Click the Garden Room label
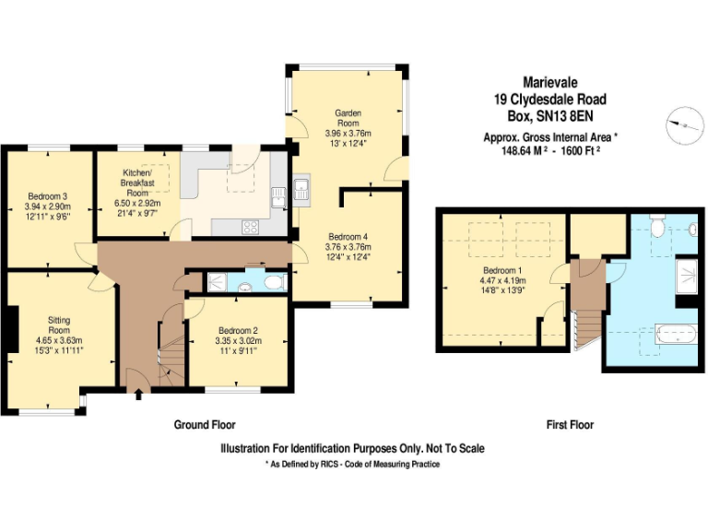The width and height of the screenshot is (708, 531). [x=347, y=117]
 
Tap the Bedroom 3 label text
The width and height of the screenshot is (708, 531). [x=47, y=195]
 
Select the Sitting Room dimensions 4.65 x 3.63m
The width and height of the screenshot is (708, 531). [x=59, y=340]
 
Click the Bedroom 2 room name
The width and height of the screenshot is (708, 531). [x=237, y=331]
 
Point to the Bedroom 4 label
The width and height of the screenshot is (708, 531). [x=347, y=236]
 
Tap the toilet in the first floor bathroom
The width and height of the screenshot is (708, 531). [x=656, y=224]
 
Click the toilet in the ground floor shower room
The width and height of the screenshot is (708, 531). [x=274, y=282]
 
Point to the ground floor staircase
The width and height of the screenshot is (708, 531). [x=170, y=350]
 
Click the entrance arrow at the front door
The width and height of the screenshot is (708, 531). [x=138, y=395]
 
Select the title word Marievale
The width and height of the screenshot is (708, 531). [x=549, y=83]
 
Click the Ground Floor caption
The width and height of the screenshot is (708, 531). [x=205, y=425]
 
